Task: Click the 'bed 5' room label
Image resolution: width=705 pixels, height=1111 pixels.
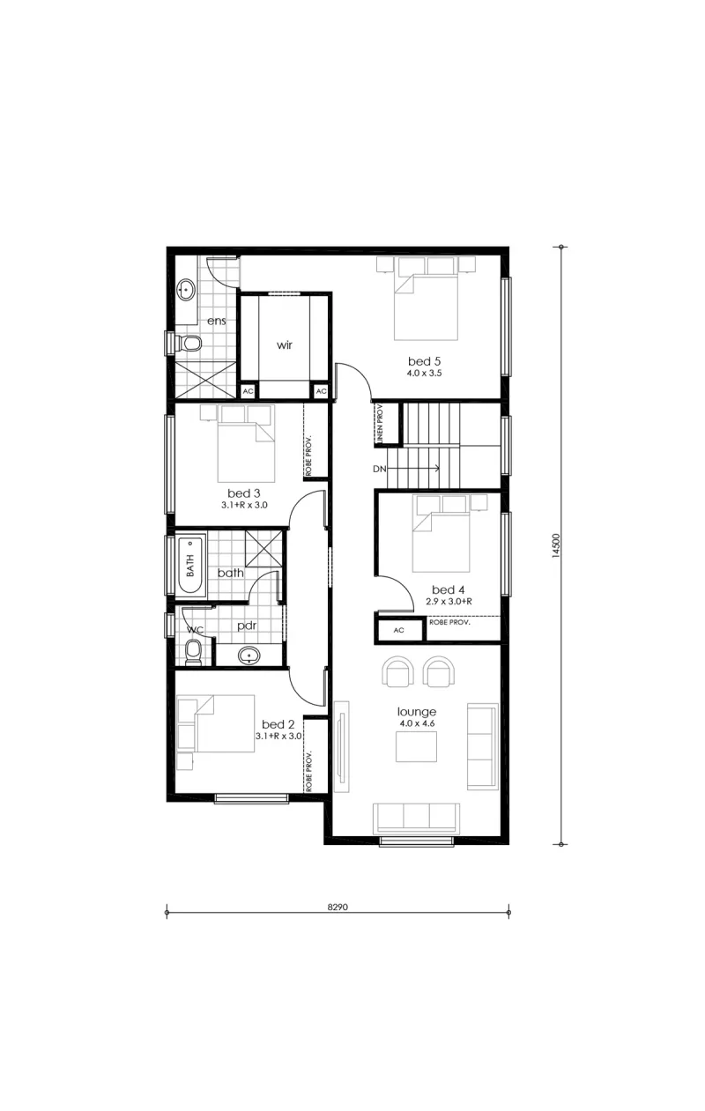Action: coord(424,361)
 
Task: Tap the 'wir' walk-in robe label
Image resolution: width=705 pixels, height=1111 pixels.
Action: coord(285,344)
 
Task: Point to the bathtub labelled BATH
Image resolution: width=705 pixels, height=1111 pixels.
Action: coord(191,565)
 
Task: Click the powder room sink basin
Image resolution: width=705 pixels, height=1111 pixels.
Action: coord(249,655)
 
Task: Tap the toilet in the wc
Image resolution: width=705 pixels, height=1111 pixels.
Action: coord(193,651)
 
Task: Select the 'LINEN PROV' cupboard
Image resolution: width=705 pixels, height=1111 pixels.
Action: coord(385,423)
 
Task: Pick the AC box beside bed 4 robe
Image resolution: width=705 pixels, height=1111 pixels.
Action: coord(399,630)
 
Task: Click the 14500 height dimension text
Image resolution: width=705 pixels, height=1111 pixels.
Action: coord(556,546)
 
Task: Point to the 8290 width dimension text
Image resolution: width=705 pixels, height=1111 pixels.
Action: coord(338,907)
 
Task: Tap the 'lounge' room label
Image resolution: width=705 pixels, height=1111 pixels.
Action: coord(417,712)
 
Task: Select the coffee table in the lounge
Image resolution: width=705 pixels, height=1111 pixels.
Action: coord(416,746)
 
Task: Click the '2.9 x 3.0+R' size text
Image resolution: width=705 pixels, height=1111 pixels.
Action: coord(449,602)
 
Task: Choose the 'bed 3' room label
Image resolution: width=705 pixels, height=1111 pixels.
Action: coord(243,493)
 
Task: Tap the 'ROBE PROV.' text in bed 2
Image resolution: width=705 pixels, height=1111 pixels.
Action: coord(308,773)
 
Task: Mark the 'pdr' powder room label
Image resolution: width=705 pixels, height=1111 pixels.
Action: coord(247,626)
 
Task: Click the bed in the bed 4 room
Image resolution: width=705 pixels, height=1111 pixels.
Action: coord(441,534)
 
